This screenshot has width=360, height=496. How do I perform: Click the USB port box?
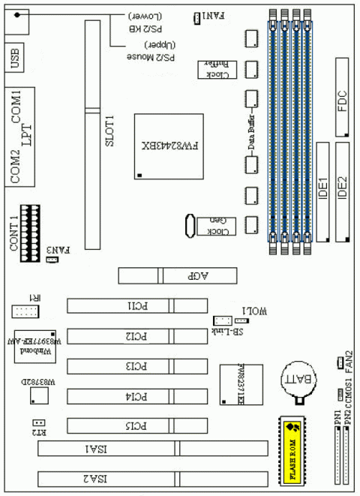pyautogui.click(x=21, y=58)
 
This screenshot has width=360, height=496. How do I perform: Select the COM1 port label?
pyautogui.click(x=21, y=107)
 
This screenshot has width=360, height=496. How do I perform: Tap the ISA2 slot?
pyautogui.click(x=153, y=478)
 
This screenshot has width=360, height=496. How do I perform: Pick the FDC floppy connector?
pyautogui.click(x=344, y=105)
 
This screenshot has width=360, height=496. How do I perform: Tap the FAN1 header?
pyautogui.click(x=196, y=17)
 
